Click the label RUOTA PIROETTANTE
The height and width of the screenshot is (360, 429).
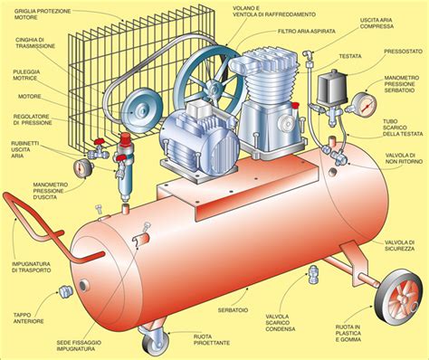tap(215, 342)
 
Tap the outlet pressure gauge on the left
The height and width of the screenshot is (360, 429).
tap(85, 167)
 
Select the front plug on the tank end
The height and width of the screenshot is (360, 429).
tap(65, 290)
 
